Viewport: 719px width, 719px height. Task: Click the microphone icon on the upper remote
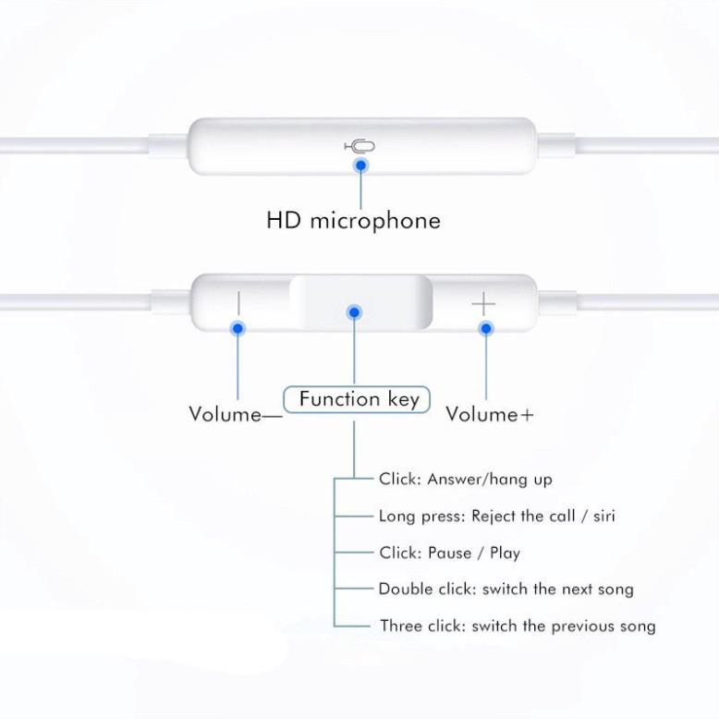click(x=359, y=146)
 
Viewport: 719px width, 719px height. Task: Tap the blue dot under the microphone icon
click(x=361, y=165)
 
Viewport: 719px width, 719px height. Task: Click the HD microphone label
click(x=354, y=221)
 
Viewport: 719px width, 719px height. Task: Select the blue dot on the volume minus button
click(x=238, y=328)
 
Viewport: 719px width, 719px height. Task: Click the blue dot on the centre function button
click(x=354, y=312)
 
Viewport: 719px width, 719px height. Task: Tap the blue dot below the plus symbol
click(x=485, y=328)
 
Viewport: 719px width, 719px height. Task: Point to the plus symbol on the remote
click(x=483, y=303)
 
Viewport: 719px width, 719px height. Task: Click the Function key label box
click(x=357, y=399)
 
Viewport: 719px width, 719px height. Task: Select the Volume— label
click(x=236, y=415)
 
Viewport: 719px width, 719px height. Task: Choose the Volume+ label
click(x=490, y=415)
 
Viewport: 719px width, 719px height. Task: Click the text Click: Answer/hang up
click(x=466, y=480)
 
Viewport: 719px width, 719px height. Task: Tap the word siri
click(x=603, y=516)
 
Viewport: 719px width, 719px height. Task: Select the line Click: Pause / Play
click(x=450, y=553)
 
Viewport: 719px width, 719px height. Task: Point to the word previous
click(x=582, y=627)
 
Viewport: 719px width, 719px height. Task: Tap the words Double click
click(x=425, y=590)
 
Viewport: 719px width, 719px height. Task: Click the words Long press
click(x=420, y=517)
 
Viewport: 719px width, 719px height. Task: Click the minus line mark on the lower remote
click(x=238, y=303)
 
